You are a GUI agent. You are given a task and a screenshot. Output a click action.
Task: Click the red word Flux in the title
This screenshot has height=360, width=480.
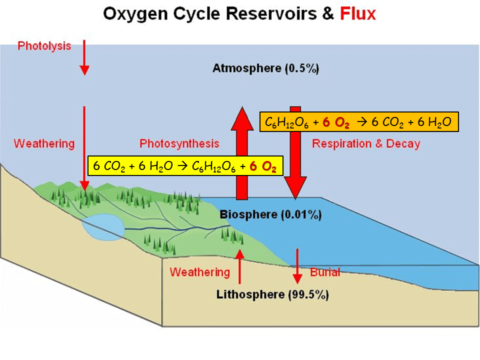point(357,13)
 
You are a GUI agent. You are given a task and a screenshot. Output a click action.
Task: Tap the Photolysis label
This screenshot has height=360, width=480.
point(44,46)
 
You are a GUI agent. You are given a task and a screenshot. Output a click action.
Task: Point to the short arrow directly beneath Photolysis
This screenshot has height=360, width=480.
point(84,57)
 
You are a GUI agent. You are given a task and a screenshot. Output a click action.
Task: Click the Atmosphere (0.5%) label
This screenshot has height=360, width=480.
point(265,68)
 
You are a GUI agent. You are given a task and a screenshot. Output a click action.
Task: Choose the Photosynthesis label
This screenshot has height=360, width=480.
point(179,144)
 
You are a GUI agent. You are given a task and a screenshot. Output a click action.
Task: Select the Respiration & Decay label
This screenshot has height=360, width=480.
point(366,144)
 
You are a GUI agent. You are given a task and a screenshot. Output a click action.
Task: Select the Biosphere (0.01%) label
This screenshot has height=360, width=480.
point(270,215)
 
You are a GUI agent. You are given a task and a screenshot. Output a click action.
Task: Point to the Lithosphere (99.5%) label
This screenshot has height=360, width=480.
point(272,294)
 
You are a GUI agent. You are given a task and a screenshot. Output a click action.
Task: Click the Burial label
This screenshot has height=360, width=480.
point(325,272)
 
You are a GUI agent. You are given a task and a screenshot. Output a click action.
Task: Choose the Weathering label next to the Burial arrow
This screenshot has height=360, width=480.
point(199,272)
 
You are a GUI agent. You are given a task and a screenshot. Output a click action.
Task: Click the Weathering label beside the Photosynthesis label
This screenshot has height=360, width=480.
point(44,144)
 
